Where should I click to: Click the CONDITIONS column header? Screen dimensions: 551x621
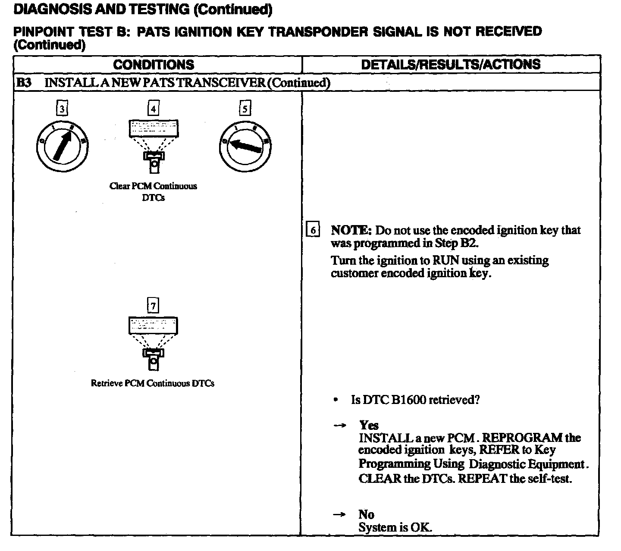[x=154, y=65]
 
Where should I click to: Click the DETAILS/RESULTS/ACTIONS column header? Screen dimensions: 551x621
[x=450, y=65]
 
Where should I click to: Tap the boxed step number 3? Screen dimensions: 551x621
[x=62, y=109]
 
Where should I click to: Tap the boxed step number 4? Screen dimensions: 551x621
[x=153, y=109]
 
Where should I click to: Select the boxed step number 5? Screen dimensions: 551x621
[x=245, y=109]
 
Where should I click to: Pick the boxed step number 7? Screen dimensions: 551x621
[x=153, y=306]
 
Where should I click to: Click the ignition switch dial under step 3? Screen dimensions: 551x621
[x=62, y=147]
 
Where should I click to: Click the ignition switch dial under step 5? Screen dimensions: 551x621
[x=245, y=147]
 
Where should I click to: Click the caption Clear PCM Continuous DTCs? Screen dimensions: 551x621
[x=153, y=191]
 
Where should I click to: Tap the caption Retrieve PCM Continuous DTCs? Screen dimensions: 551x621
[x=153, y=383]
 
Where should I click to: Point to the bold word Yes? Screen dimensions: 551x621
[x=369, y=426]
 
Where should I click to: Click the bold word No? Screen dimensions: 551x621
[x=366, y=514]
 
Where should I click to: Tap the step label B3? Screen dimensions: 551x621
[x=24, y=82]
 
